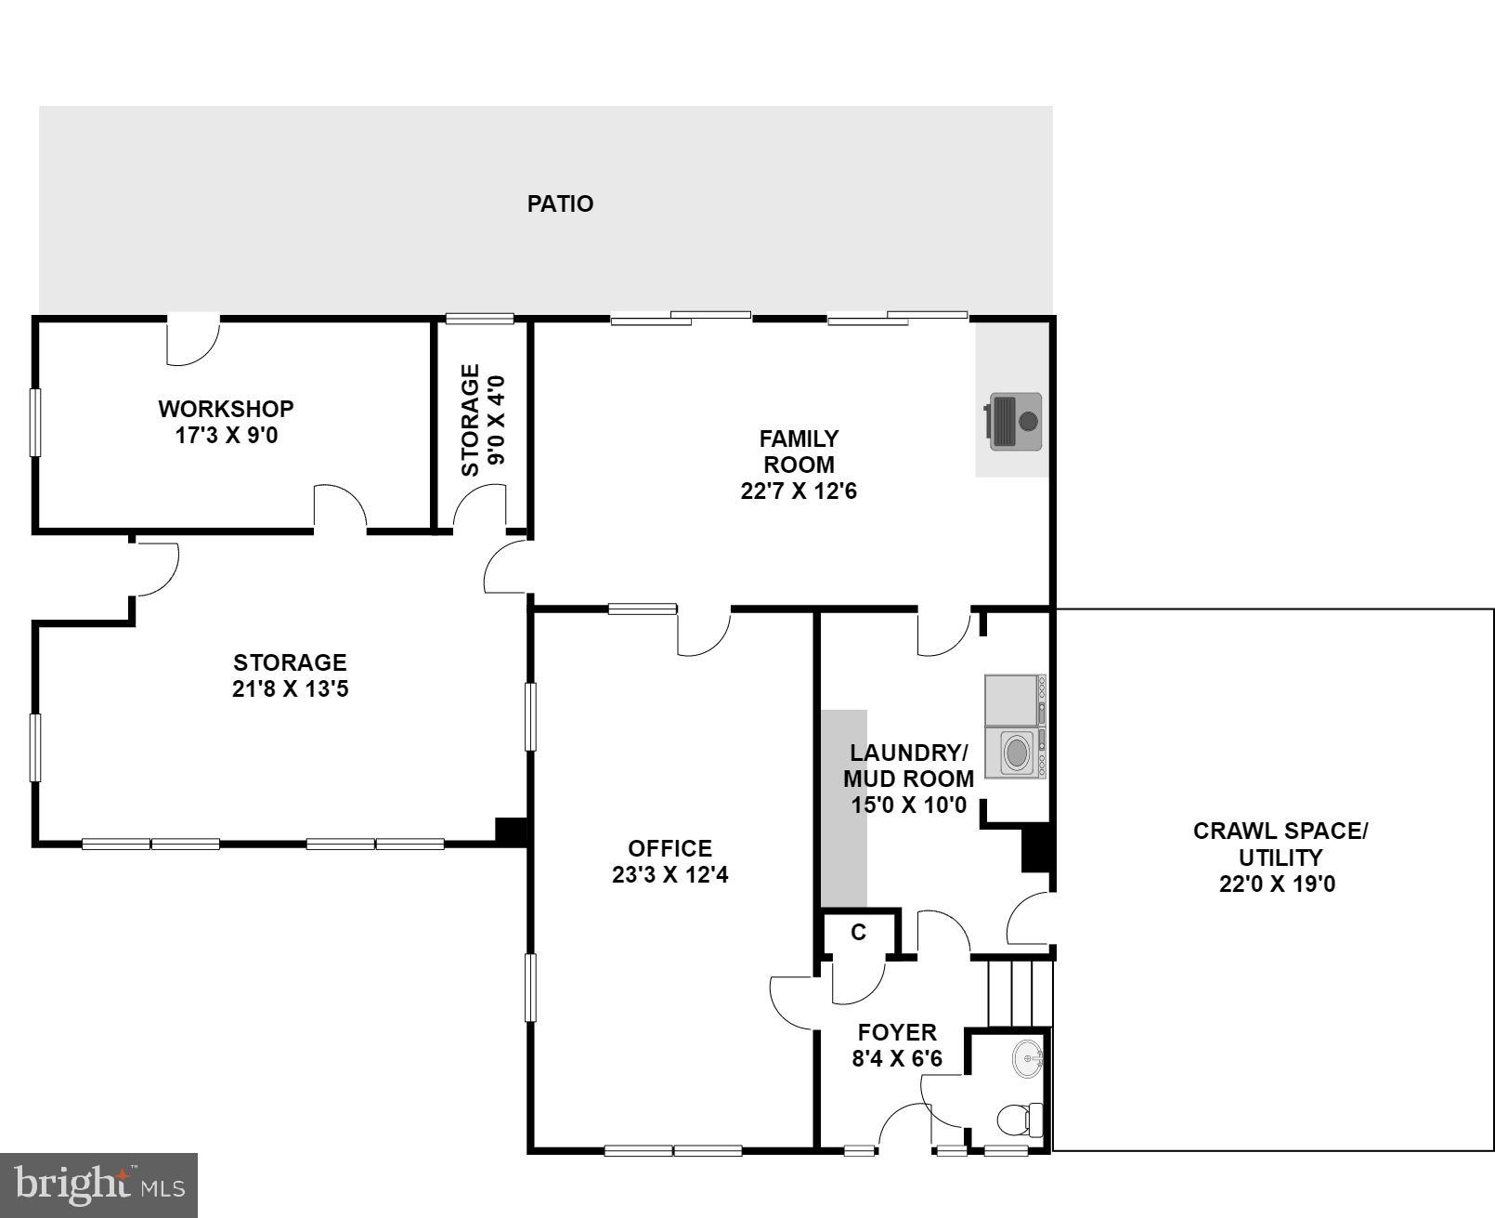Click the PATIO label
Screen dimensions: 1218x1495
coord(560,203)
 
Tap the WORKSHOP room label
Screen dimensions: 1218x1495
coord(226,409)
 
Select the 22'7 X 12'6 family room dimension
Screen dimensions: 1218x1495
coord(798,491)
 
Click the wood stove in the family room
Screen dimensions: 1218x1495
coord(1014,422)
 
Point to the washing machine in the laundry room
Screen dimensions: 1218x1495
coord(1016,751)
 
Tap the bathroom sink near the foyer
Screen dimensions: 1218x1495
coord(1027,1058)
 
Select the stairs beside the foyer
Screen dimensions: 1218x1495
coord(1019,993)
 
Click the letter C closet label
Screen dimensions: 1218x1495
coord(858,932)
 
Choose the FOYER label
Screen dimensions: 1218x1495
coord(896,1032)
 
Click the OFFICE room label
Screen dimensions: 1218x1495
coord(669,848)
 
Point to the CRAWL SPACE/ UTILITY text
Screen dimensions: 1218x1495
coord(1279,844)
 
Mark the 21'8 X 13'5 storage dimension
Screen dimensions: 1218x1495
coord(290,689)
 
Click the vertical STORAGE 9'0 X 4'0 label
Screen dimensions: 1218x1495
coord(483,420)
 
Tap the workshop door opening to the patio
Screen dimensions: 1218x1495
coord(192,339)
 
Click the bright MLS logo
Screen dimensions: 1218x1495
coord(98,1185)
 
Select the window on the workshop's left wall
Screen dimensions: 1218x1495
coord(35,422)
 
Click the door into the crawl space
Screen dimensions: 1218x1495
coord(1031,920)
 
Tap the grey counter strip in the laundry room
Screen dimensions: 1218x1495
coord(843,808)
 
